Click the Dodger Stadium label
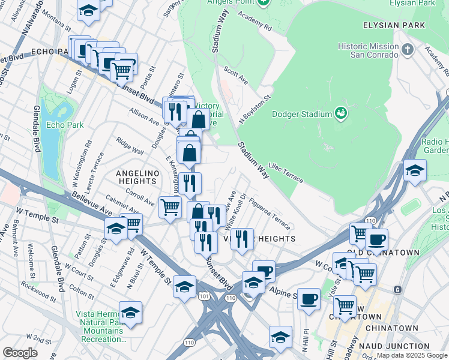(302, 114)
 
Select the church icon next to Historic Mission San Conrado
(408, 49)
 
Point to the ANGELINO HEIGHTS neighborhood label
(143, 178)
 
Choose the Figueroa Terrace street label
(270, 214)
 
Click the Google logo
(20, 353)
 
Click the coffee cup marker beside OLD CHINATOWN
(376, 239)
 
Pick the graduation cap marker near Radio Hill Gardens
(415, 170)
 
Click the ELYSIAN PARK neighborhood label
(394, 25)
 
